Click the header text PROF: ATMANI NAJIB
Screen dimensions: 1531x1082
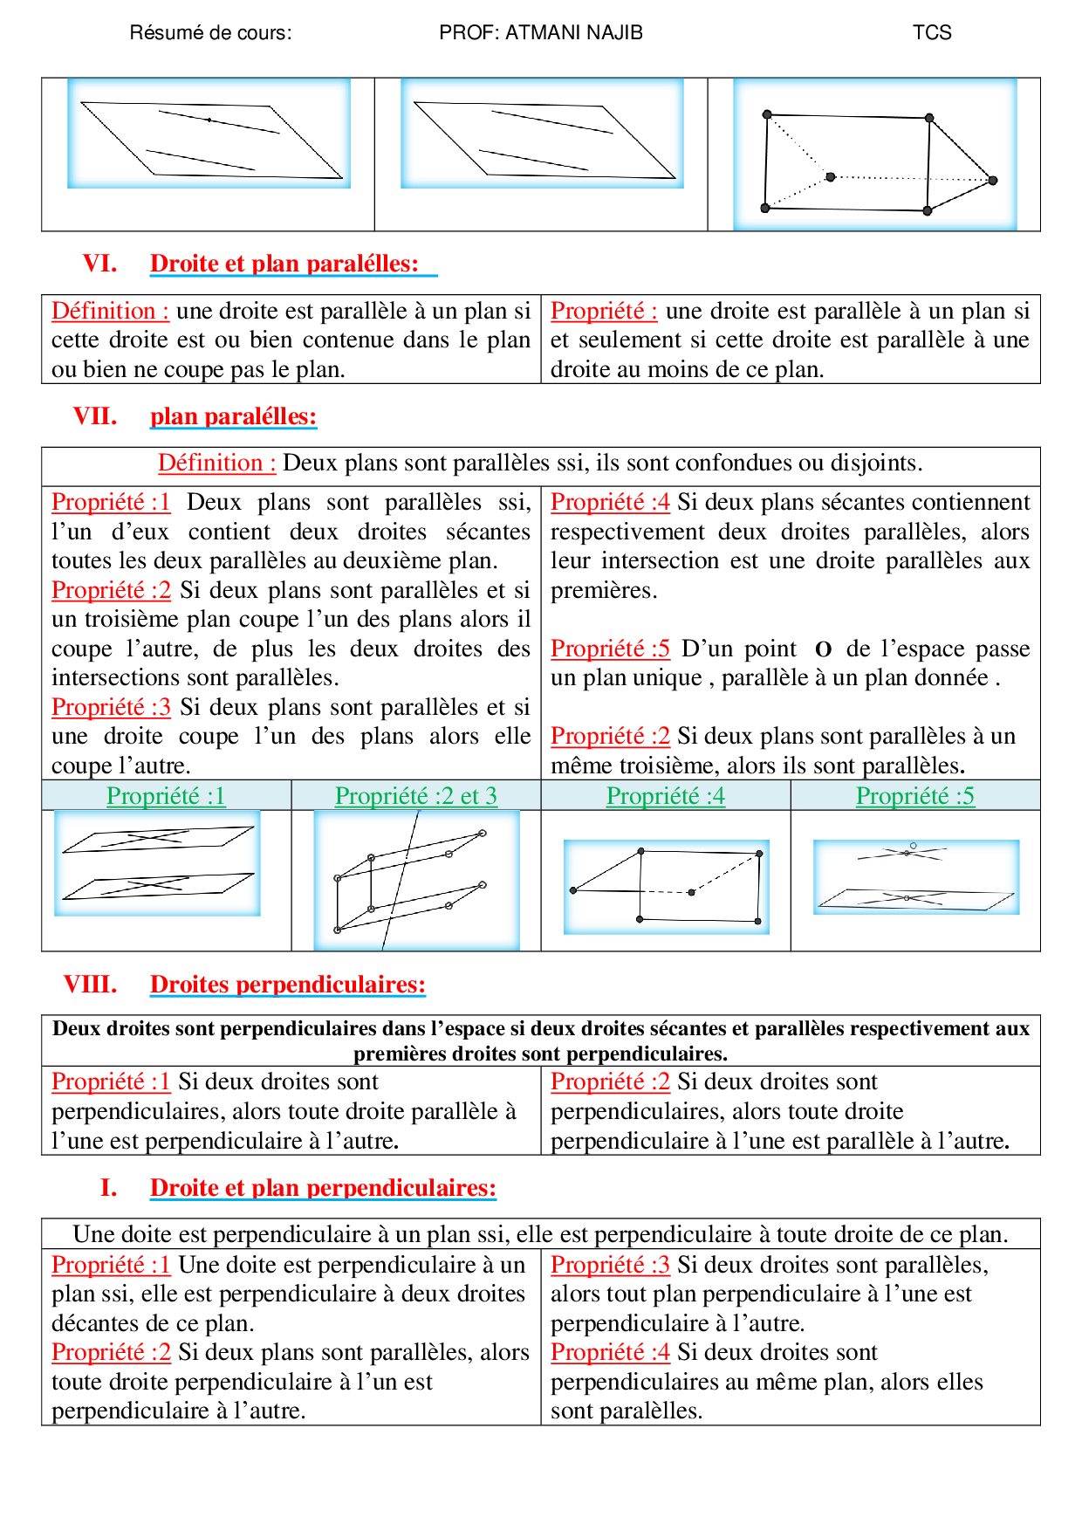point(540,33)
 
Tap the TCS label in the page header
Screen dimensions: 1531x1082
point(931,33)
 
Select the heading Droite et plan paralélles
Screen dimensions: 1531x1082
point(284,264)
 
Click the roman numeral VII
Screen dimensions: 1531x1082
point(94,416)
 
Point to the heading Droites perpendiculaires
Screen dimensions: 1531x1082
point(287,985)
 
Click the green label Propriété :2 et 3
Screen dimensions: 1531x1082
point(415,796)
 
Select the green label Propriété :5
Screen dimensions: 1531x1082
point(914,796)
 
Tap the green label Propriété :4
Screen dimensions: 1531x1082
point(665,796)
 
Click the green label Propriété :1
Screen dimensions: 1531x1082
point(166,796)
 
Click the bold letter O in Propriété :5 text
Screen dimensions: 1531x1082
point(822,650)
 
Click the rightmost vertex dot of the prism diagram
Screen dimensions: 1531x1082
point(992,181)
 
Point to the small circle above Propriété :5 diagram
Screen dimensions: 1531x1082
point(913,846)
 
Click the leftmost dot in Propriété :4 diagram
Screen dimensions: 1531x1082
point(573,890)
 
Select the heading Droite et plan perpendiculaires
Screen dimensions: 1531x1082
point(323,1188)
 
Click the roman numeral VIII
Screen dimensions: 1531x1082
point(90,985)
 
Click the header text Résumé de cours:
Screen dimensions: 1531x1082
point(210,33)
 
